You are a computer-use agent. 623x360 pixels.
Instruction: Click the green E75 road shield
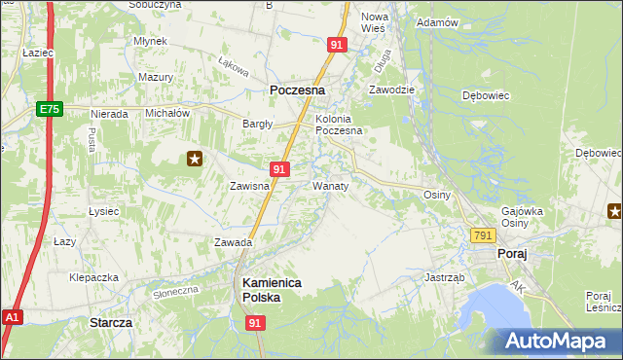pyautogui.click(x=52, y=110)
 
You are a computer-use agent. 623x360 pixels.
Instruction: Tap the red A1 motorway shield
pyautogui.click(x=12, y=317)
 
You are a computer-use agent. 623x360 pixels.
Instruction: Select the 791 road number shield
pyautogui.click(x=483, y=236)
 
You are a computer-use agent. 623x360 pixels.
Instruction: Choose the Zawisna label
pyautogui.click(x=248, y=186)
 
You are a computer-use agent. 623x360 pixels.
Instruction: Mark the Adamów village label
pyautogui.click(x=436, y=22)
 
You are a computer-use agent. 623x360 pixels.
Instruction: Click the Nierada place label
pyautogui.click(x=109, y=114)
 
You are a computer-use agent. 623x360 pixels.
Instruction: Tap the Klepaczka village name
pyautogui.click(x=93, y=276)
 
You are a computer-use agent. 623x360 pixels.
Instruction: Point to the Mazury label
pyautogui.click(x=156, y=76)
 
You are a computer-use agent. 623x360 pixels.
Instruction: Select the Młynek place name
pyautogui.click(x=152, y=41)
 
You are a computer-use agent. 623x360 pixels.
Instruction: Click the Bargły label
pyautogui.click(x=257, y=124)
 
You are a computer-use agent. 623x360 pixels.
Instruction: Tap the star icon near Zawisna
pyautogui.click(x=195, y=159)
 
